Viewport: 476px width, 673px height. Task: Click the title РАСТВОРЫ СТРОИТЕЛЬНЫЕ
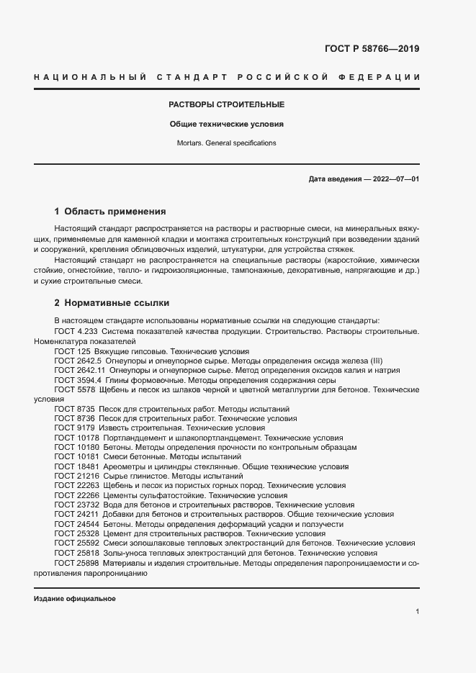[227, 104]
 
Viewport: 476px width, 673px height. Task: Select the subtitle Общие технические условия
[227, 124]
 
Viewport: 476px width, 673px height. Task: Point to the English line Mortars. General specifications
[227, 143]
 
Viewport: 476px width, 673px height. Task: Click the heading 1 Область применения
[110, 212]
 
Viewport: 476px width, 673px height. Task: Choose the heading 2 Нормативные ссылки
[112, 303]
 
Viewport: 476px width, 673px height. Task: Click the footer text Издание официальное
[75, 599]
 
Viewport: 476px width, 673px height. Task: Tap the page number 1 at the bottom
[418, 612]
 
